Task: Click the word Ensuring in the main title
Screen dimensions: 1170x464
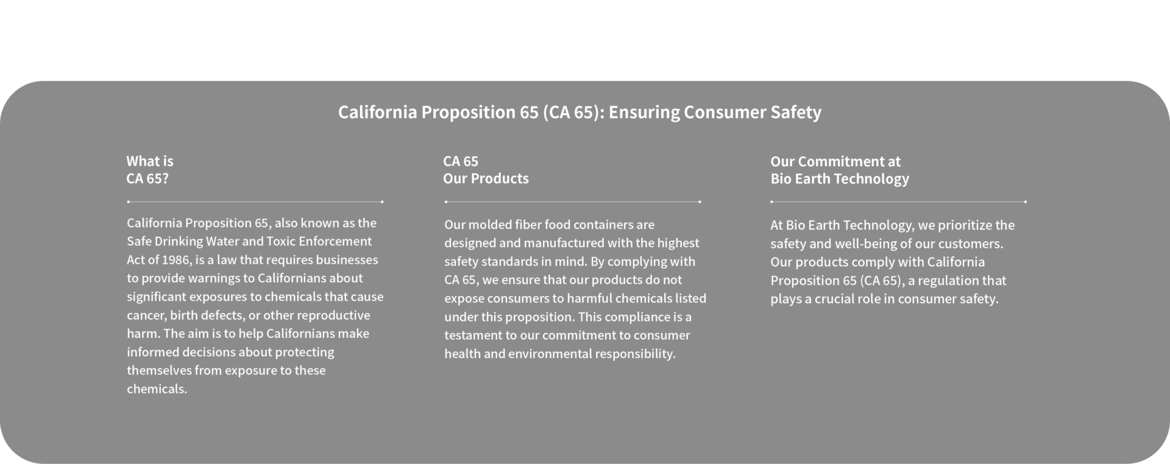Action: coord(643,113)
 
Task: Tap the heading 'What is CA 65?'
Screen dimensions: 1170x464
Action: coord(150,170)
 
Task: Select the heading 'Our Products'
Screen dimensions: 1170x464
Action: coord(486,178)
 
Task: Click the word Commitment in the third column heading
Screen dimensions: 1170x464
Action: coord(834,161)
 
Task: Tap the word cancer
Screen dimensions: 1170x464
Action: coord(146,315)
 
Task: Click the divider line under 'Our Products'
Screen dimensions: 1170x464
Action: coord(573,202)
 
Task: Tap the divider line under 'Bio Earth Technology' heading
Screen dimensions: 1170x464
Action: coord(899,202)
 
